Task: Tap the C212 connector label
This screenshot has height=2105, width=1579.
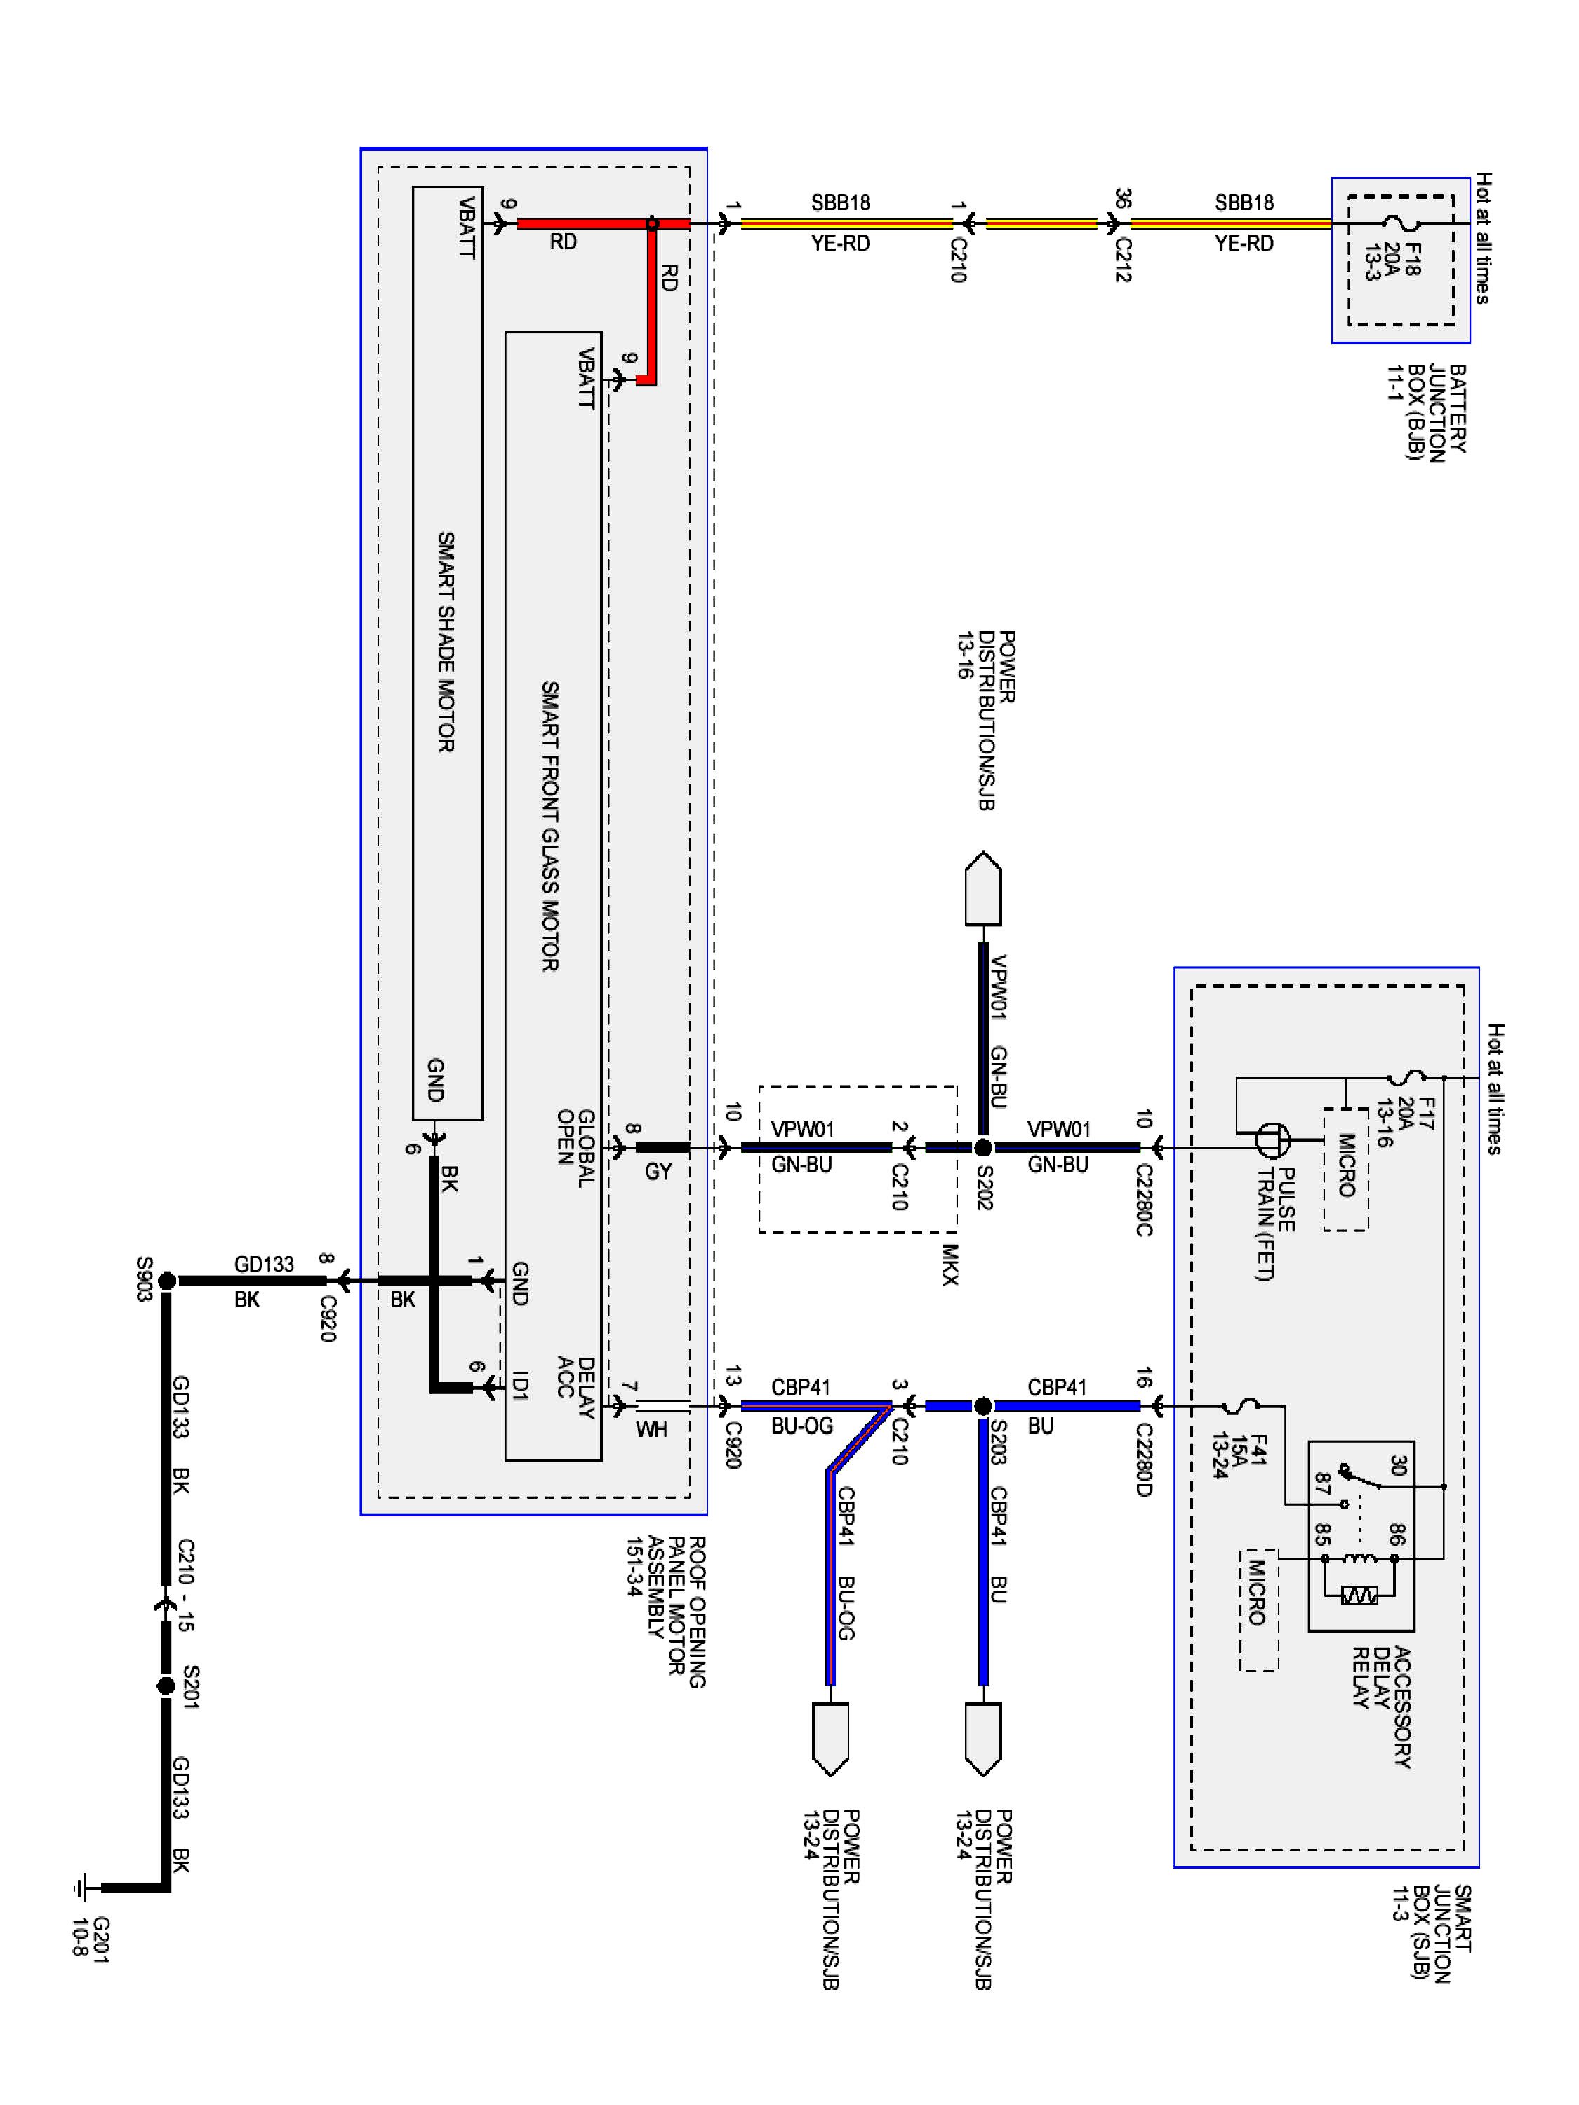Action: [x=1123, y=260]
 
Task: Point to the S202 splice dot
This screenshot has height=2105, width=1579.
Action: [x=983, y=1148]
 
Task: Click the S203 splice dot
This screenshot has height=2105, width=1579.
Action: [x=983, y=1405]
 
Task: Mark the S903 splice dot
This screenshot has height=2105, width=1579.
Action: [x=166, y=1281]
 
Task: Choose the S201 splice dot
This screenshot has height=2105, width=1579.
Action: [x=166, y=1686]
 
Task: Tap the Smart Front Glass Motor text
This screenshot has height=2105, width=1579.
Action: [x=550, y=826]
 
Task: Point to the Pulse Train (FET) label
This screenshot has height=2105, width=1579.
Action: [x=1274, y=1224]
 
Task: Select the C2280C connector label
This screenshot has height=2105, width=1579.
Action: [x=1144, y=1199]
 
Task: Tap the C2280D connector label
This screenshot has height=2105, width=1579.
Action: [x=1144, y=1459]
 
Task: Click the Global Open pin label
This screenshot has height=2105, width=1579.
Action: [x=576, y=1148]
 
